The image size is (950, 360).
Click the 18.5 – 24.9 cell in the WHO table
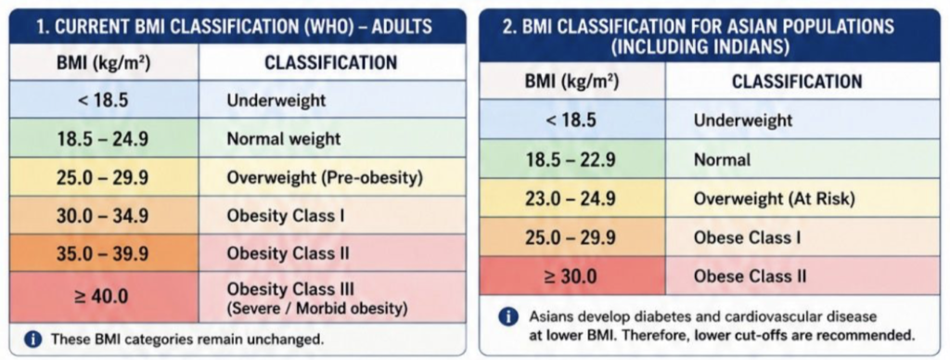[104, 138]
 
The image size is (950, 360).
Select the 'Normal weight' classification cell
[332, 138]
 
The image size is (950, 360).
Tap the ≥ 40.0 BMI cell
[104, 298]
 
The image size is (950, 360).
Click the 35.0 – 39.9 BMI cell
[104, 252]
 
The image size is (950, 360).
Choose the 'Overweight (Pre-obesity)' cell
[332, 177]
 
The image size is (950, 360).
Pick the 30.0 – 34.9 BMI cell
[104, 214]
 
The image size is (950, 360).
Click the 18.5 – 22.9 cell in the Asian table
[571, 159]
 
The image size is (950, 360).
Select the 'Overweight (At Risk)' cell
[802, 198]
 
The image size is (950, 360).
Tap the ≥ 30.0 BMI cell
[571, 276]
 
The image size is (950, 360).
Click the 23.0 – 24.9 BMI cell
[571, 198]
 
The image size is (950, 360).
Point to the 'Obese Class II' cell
[802, 276]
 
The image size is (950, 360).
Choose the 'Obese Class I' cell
[802, 237]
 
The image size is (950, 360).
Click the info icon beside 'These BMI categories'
[34, 340]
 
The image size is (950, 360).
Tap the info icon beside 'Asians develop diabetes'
[507, 317]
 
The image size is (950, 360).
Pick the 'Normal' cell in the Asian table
[802, 159]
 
